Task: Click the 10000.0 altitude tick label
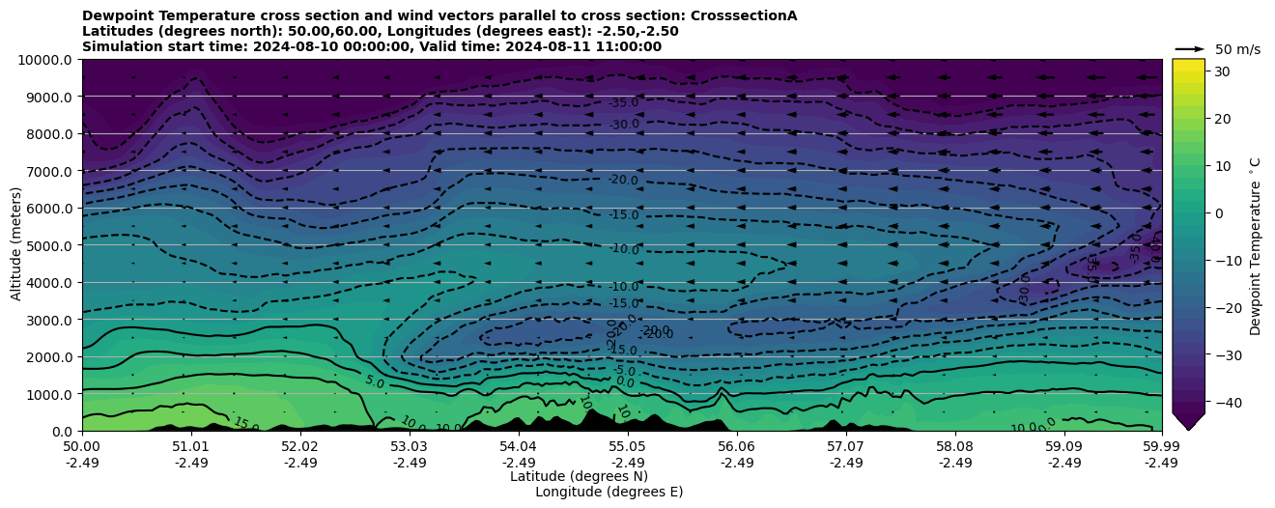(44, 60)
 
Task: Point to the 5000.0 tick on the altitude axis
(48, 245)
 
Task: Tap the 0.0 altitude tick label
(62, 431)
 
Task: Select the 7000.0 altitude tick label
(48, 171)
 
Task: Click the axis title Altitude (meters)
(16, 245)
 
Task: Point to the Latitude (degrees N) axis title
(579, 476)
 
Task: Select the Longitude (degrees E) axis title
(609, 492)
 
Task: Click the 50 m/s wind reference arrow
(1189, 48)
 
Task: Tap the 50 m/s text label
(1237, 49)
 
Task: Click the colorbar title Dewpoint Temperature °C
(1256, 245)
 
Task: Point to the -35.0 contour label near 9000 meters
(624, 103)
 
